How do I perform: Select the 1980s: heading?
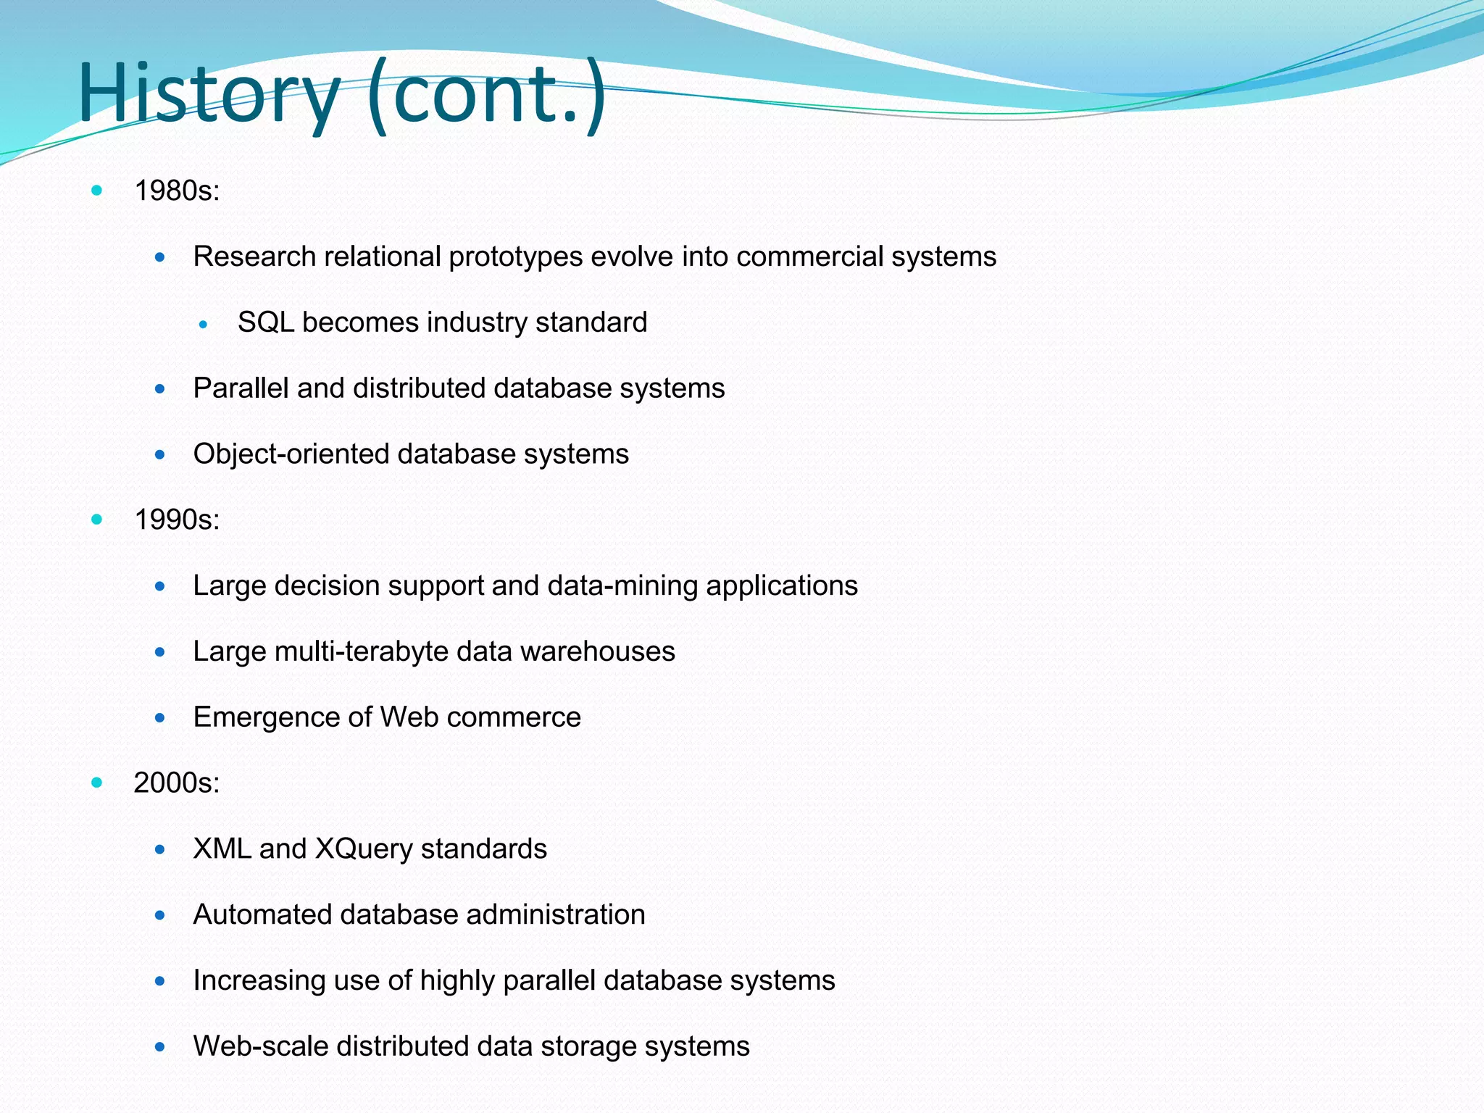[x=177, y=191]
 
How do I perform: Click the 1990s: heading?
[x=177, y=520]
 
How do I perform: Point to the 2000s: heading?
[x=177, y=783]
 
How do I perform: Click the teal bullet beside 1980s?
[x=97, y=191]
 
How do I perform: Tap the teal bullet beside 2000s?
[x=97, y=783]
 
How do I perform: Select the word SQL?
[x=266, y=322]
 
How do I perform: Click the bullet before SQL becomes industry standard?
[x=204, y=325]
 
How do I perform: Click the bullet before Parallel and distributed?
[x=160, y=389]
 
